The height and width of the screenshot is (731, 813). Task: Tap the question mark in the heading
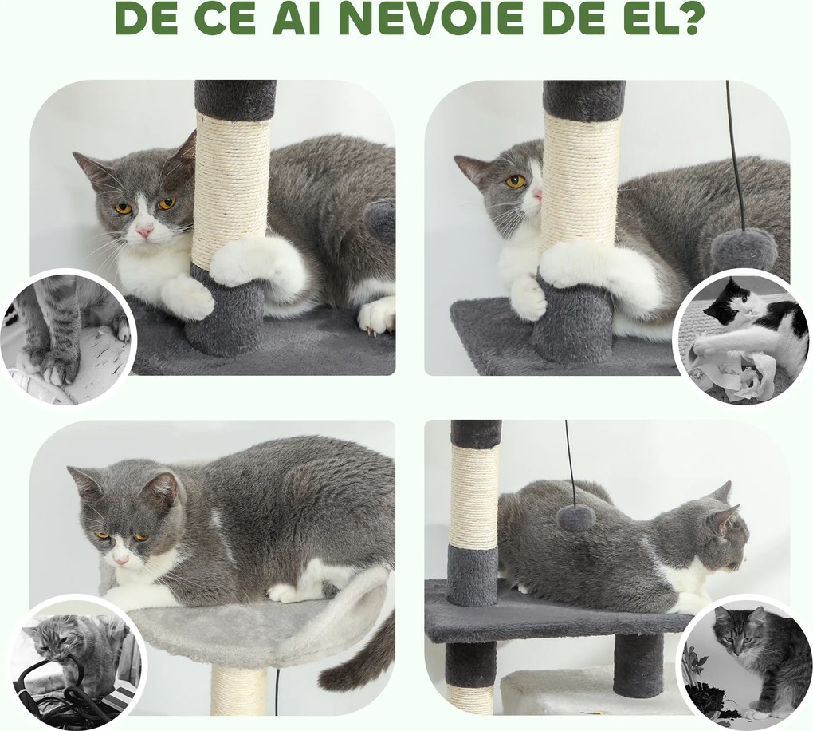681,19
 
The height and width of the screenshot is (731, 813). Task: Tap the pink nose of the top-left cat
144,231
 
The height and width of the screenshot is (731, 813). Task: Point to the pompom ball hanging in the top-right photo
744,248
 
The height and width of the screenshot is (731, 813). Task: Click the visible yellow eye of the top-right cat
515,181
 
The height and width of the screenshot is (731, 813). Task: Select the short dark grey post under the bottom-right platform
638,665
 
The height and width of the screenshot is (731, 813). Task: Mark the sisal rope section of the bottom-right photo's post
475,495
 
